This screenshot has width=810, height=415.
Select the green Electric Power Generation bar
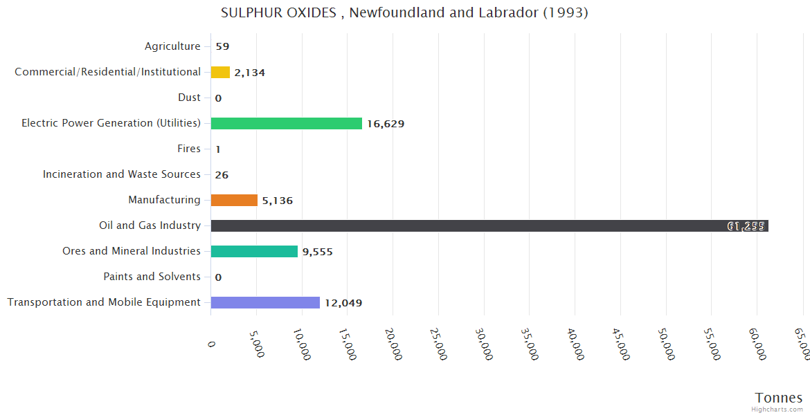click(286, 123)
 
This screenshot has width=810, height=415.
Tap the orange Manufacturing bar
click(234, 200)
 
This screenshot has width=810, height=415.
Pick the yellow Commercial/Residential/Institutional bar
click(220, 72)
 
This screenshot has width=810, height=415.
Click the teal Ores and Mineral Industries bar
click(254, 251)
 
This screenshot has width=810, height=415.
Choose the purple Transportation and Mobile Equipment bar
click(265, 302)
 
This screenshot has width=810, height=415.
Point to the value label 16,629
click(386, 124)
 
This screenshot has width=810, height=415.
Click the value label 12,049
click(343, 303)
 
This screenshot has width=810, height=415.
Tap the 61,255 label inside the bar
click(746, 226)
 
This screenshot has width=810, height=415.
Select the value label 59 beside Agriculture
click(222, 47)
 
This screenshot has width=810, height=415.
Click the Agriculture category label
click(172, 46)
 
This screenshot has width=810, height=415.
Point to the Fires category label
click(189, 149)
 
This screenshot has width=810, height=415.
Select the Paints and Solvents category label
click(152, 277)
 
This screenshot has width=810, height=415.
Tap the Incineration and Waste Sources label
click(122, 174)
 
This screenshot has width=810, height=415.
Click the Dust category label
click(189, 98)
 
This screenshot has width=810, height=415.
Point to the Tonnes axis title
click(778, 398)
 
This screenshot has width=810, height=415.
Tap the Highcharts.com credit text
click(778, 409)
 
